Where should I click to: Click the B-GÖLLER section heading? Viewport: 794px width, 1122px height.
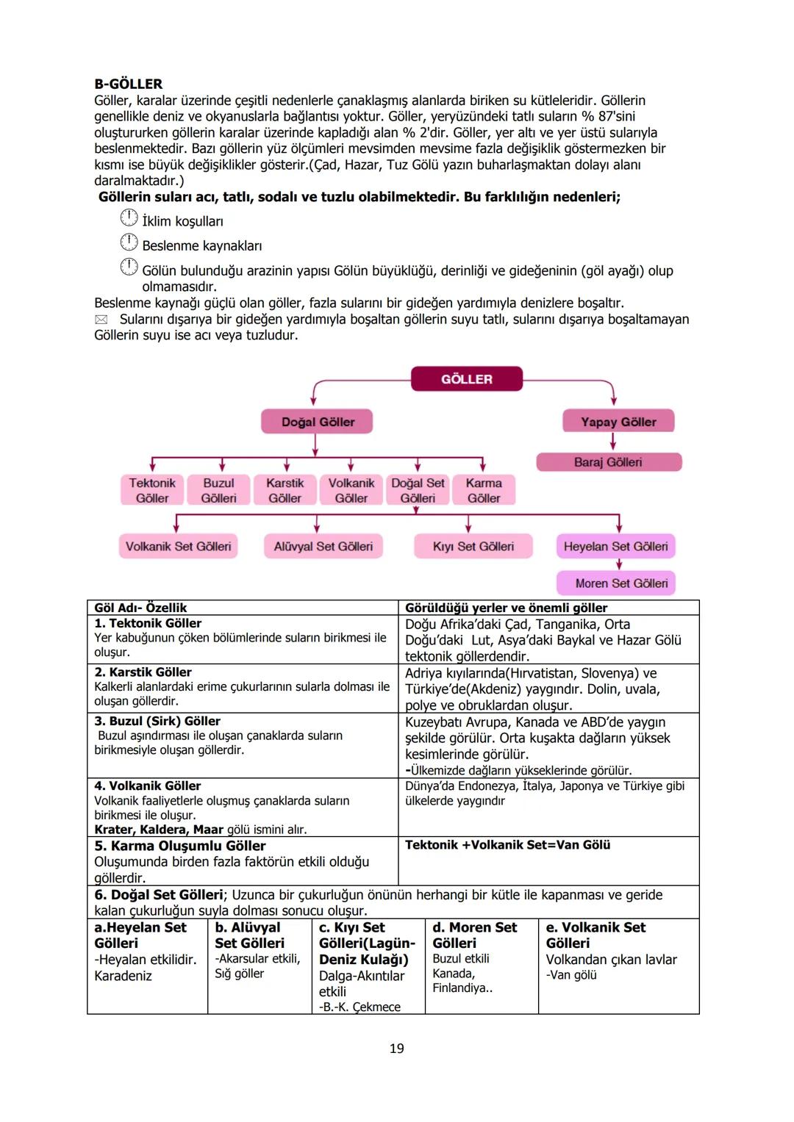pos(129,84)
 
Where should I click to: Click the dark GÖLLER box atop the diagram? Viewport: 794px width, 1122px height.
pos(467,379)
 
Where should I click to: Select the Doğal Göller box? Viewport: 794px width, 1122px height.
pos(318,422)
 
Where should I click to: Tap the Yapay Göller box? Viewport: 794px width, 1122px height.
pos(618,422)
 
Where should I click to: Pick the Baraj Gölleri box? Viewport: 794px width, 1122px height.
pos(608,462)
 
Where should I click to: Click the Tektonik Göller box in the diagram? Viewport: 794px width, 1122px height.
pos(152,490)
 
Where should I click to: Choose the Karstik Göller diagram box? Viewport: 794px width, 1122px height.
pos(285,490)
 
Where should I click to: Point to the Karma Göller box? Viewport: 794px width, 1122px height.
pos(484,490)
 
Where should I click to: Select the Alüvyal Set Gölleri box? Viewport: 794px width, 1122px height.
pos(323,547)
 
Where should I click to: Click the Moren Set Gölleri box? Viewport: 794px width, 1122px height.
pos(621,583)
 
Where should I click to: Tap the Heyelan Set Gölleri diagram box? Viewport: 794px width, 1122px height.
pos(615,547)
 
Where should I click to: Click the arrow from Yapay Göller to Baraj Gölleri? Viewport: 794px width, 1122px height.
pos(613,442)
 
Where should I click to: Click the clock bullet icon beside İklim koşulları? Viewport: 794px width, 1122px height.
pos(129,218)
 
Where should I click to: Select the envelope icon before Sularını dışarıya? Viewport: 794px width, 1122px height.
pos(101,320)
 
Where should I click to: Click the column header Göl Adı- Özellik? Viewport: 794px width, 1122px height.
pos(140,608)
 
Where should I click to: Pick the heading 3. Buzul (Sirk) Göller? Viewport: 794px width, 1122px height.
pos(157,721)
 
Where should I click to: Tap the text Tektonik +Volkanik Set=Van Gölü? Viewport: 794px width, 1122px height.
pos(507,845)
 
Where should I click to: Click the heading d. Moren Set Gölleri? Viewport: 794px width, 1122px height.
pos(474,935)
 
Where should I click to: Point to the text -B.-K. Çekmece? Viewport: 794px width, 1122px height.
pos(360,1007)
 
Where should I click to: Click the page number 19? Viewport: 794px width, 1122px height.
pos(396,1049)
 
